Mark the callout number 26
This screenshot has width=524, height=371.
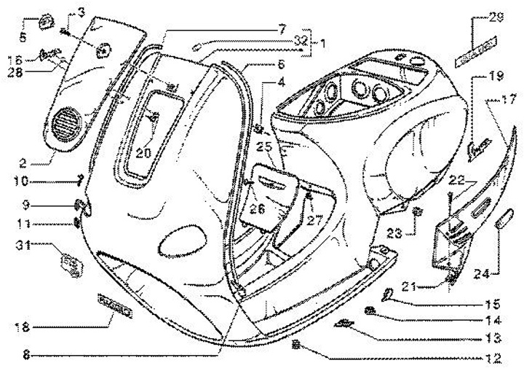253,208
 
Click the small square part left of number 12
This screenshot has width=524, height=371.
296,342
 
